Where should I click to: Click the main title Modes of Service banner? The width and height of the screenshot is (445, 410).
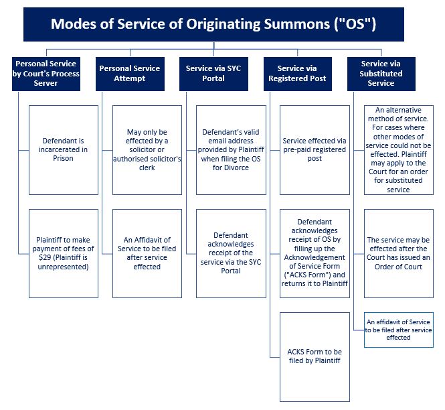[213, 25]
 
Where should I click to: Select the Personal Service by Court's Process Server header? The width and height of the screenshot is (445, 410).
[46, 73]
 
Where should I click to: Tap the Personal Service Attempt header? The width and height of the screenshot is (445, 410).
[129, 73]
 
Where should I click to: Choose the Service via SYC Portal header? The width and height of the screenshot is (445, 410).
[213, 73]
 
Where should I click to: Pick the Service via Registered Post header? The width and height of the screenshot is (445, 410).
[296, 73]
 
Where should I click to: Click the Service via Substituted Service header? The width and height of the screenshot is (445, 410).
[381, 73]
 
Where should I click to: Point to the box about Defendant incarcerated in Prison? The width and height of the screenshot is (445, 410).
[64, 149]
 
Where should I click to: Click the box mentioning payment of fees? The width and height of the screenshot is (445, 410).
[64, 253]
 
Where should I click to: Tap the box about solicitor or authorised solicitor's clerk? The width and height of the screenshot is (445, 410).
[147, 149]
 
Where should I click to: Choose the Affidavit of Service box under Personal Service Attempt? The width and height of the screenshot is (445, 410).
[147, 253]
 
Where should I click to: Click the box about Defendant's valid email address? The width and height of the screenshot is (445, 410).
[230, 149]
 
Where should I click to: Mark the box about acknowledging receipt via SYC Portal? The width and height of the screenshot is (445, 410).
[230, 253]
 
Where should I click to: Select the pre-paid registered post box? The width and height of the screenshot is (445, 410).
[315, 149]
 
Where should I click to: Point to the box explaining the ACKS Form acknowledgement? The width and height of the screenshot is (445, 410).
[315, 253]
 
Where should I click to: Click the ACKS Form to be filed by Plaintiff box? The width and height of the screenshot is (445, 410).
[315, 356]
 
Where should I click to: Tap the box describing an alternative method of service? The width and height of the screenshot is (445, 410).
[399, 149]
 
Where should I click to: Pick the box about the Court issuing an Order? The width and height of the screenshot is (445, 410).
[399, 253]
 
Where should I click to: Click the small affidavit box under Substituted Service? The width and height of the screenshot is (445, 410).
[399, 330]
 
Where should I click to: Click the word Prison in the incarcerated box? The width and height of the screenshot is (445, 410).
[64, 159]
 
